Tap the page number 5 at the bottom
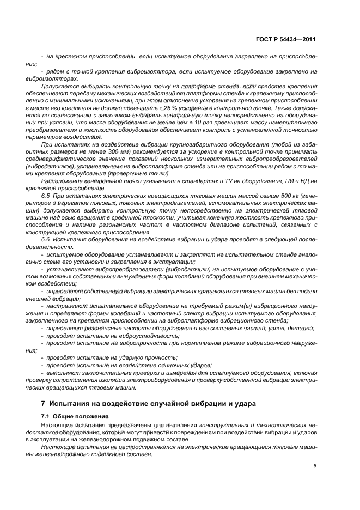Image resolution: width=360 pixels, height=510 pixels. click(315, 466)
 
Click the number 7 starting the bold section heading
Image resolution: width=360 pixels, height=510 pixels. click(44, 404)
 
